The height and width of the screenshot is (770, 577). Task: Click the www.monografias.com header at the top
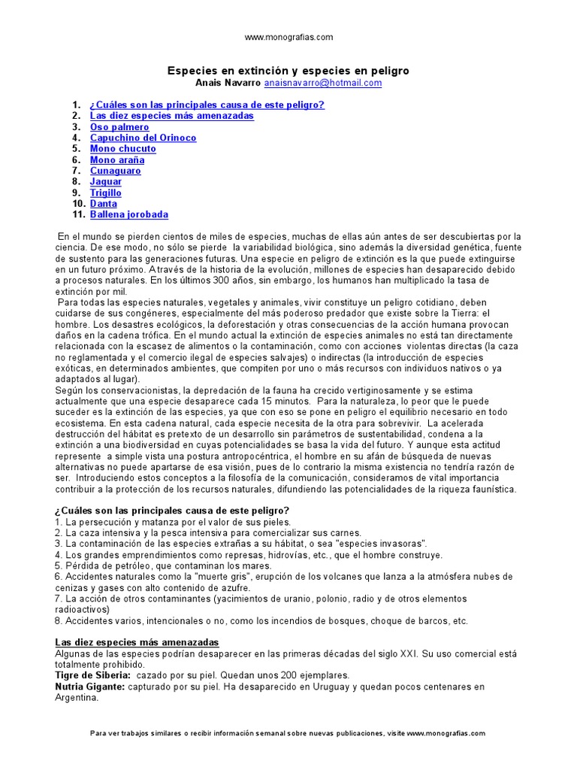[288, 37]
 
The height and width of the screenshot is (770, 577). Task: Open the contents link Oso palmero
[119, 127]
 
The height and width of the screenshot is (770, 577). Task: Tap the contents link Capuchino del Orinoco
[143, 138]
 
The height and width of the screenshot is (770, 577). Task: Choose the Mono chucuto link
[123, 149]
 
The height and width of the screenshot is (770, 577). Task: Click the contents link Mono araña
[117, 160]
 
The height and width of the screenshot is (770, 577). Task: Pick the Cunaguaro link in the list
[115, 171]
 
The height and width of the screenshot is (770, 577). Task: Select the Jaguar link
[106, 182]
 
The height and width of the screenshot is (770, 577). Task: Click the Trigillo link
[106, 192]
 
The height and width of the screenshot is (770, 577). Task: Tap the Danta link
[104, 204]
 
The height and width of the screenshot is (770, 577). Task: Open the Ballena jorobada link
[129, 214]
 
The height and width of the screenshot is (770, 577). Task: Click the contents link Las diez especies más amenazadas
[172, 117]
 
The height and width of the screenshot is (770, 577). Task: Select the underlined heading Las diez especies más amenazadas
[137, 643]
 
